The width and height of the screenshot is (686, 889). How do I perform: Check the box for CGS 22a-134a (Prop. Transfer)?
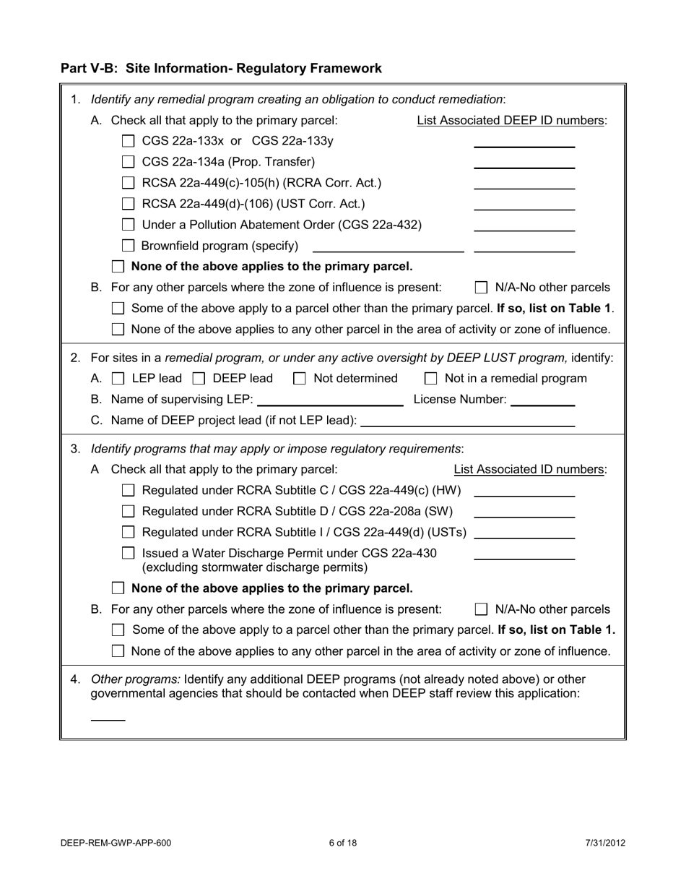(x=128, y=163)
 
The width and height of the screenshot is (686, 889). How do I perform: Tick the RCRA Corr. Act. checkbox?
(x=128, y=184)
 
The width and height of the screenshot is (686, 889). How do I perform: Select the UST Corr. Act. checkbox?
(x=128, y=205)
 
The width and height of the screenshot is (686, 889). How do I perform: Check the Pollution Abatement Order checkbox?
(x=128, y=226)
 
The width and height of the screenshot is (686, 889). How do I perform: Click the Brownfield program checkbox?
(x=128, y=246)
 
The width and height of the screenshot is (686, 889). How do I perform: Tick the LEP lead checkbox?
(x=118, y=379)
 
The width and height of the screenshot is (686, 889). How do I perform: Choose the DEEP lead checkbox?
(x=199, y=379)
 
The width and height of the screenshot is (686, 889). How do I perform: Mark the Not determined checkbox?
(x=300, y=379)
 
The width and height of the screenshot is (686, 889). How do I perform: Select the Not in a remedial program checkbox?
(x=431, y=379)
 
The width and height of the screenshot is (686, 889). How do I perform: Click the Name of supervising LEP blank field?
(x=330, y=400)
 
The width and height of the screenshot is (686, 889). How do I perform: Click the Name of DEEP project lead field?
(x=467, y=421)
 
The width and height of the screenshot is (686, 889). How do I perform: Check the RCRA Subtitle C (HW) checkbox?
(x=128, y=491)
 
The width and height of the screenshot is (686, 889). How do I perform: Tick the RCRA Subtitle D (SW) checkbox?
(x=128, y=512)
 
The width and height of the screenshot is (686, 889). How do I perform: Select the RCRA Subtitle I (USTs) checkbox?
(x=128, y=533)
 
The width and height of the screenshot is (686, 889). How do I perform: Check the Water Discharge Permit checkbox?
(x=128, y=554)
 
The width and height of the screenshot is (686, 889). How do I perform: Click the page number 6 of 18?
(x=342, y=843)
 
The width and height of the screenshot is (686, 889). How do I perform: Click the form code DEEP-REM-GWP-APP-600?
(x=116, y=843)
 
